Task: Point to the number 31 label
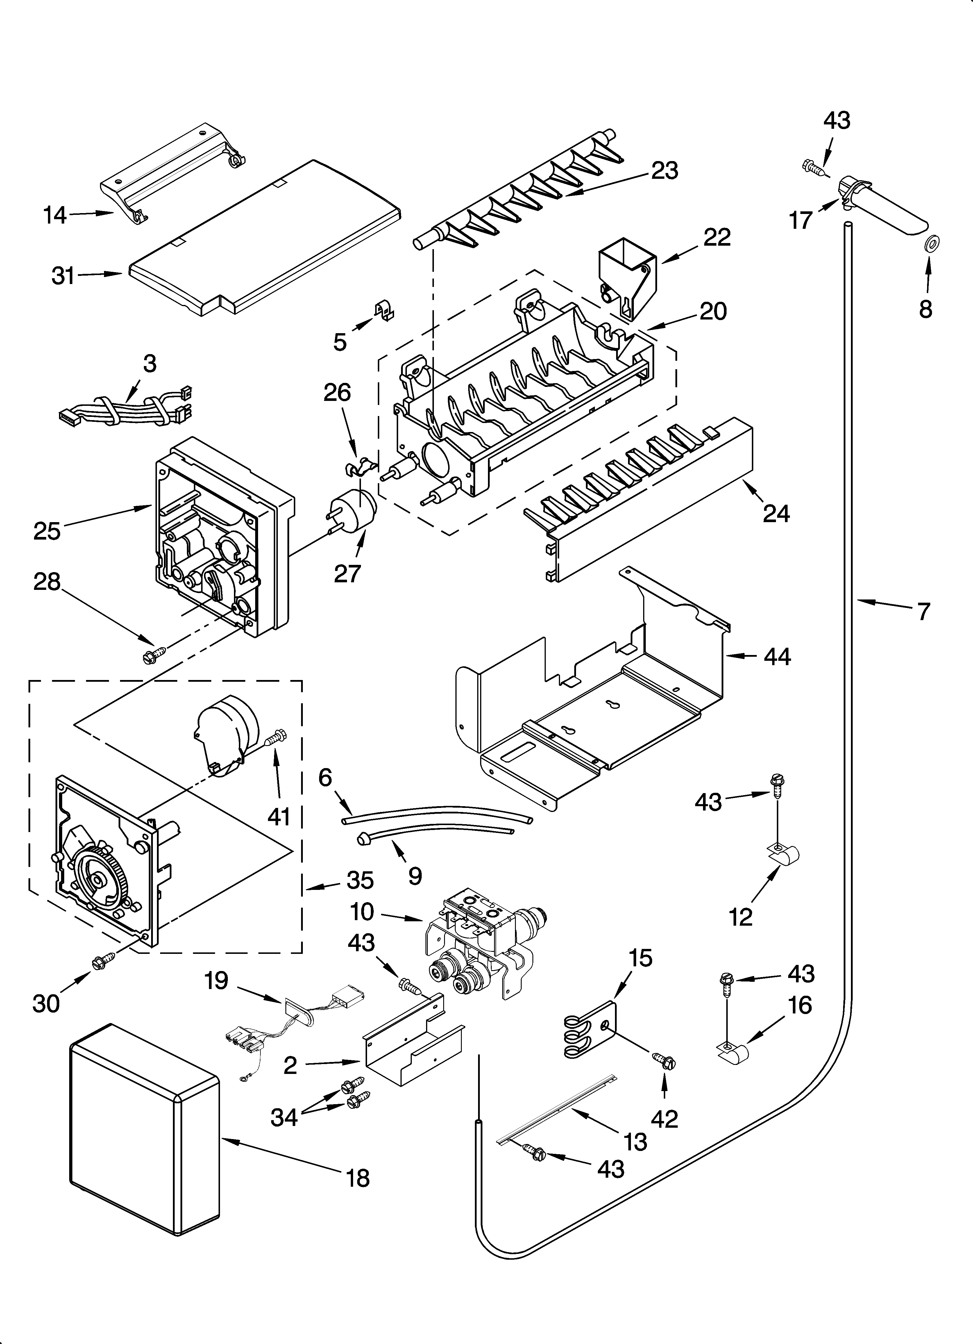point(63,276)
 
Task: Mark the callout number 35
point(360,897)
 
